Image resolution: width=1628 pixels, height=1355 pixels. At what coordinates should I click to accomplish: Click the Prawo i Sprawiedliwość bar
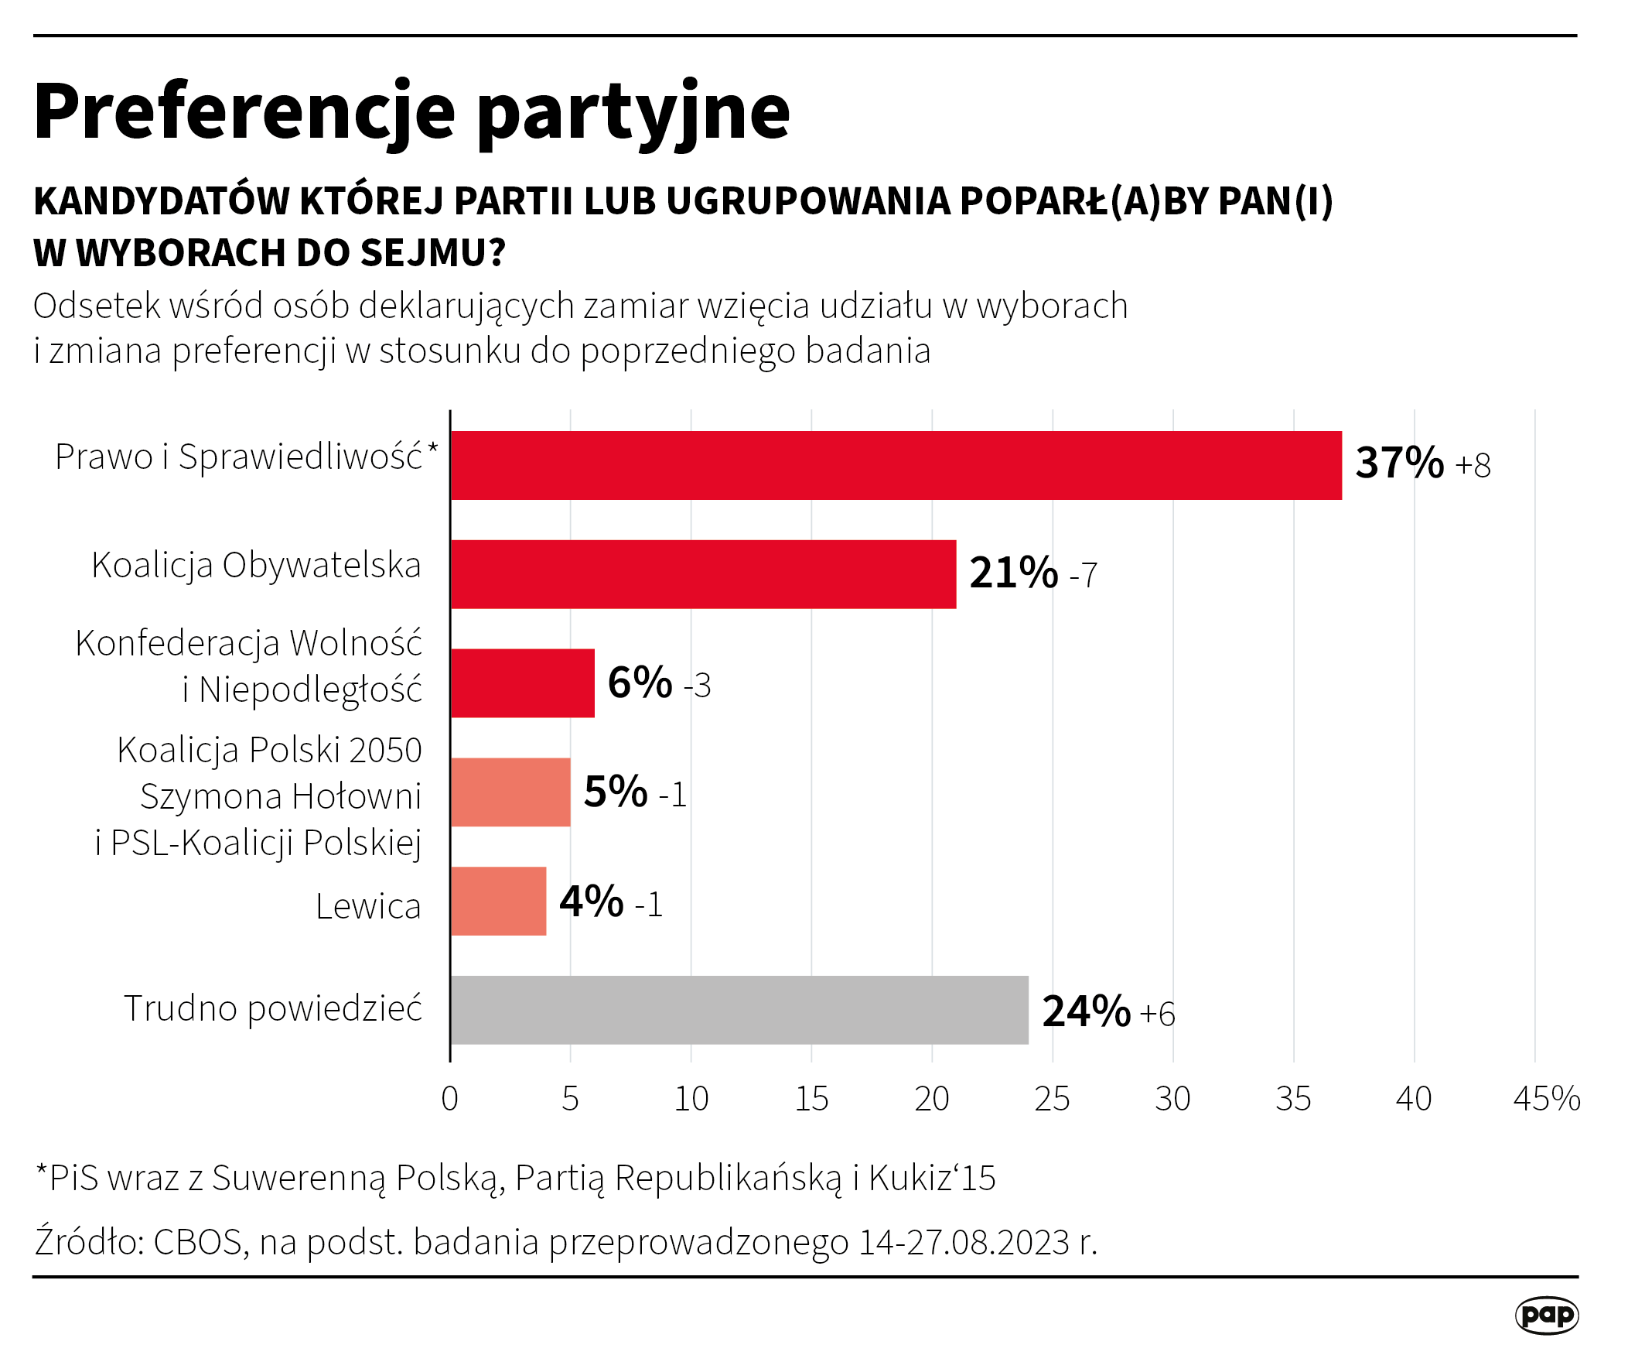[x=896, y=465]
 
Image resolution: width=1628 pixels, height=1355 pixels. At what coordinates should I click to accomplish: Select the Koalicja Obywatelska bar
[x=702, y=574]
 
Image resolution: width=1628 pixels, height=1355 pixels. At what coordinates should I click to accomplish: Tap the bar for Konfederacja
[x=522, y=683]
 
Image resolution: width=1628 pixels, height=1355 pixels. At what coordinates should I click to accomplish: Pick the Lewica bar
[x=498, y=902]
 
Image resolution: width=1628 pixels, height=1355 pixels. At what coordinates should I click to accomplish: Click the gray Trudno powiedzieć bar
[x=739, y=1010]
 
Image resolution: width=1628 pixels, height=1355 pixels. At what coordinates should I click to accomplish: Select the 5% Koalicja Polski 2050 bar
[x=510, y=792]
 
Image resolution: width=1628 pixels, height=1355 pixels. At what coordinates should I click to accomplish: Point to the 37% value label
[x=1399, y=463]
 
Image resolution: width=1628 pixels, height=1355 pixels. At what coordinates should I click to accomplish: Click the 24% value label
[x=1085, y=1011]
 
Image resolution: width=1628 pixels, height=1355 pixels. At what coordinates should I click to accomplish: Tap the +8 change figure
[x=1473, y=465]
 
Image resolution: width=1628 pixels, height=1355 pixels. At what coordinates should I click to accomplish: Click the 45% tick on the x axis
[x=1546, y=1099]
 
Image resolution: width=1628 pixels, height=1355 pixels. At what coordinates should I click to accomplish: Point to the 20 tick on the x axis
[x=932, y=1099]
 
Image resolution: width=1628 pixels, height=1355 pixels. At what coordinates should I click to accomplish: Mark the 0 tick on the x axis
[x=449, y=1099]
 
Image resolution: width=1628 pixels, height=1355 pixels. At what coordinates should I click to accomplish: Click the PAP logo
[x=1546, y=1315]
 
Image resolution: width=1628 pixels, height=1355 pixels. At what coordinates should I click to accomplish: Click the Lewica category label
[x=367, y=906]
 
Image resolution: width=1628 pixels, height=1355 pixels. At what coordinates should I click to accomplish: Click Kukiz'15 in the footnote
[x=931, y=1178]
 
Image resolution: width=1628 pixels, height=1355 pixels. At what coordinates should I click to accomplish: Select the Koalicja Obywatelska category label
[x=256, y=566]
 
